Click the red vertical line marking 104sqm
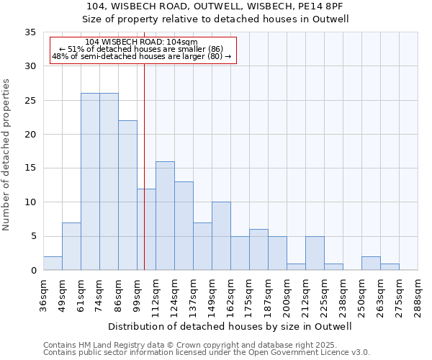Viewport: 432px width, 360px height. click(144, 144)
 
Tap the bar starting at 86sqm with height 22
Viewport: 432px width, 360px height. click(127, 195)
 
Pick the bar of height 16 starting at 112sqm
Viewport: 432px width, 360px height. click(165, 216)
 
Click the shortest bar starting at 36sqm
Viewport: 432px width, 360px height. click(53, 264)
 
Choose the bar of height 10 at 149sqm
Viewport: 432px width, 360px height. click(221, 236)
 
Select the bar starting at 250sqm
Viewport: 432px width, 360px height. click(371, 264)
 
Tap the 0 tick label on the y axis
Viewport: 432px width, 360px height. click(33, 271)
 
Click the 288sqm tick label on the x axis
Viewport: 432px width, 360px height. click(418, 295)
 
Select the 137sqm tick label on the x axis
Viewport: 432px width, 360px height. click(193, 295)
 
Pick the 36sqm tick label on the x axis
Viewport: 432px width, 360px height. click(43, 295)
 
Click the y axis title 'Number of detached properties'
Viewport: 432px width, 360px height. click(7, 155)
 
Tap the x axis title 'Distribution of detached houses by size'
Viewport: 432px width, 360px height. click(230, 326)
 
